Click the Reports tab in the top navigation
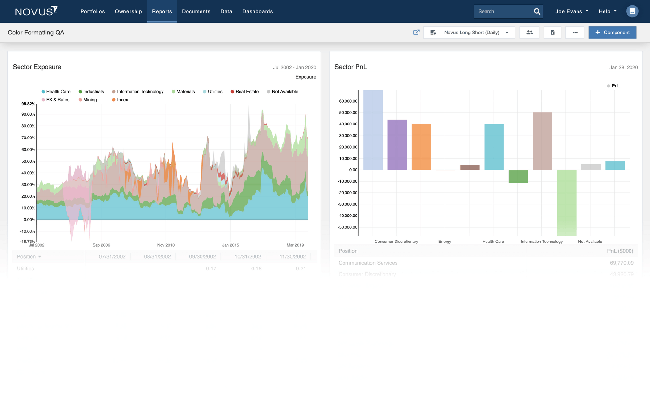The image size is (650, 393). (162, 11)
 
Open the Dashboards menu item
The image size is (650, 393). (257, 11)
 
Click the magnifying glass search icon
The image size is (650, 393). (537, 11)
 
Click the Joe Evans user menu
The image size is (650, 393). (571, 11)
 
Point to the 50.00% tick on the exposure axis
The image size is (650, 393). (28, 161)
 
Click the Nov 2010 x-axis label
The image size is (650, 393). (166, 245)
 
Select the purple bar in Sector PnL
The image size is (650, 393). (397, 145)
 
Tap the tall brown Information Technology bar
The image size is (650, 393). (542, 141)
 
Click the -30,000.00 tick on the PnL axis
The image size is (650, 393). (347, 204)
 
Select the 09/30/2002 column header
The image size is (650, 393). (202, 256)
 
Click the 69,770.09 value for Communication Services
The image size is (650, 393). (621, 263)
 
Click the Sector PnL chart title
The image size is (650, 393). (350, 67)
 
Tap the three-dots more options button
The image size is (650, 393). (575, 33)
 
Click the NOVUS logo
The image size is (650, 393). (36, 11)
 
